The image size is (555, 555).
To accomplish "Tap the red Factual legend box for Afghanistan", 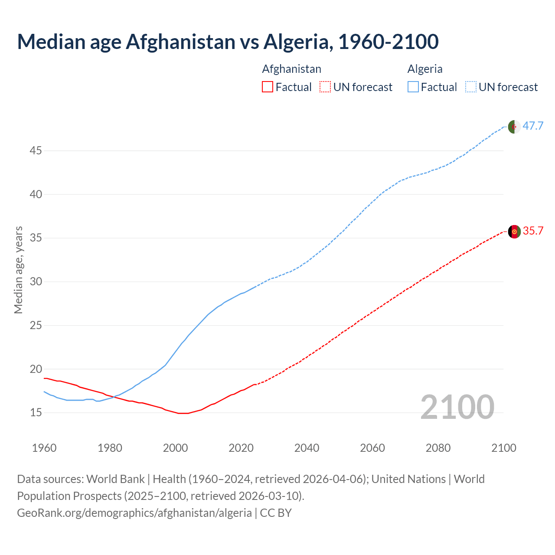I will coord(268,87).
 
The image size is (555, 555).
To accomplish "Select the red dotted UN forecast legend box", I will coord(325,87).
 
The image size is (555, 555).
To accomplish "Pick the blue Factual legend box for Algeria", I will coord(413,87).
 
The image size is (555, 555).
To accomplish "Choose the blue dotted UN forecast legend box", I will coord(471,87).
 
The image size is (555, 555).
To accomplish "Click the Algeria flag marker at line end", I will coord(514,127).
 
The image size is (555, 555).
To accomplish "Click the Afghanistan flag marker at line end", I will coord(514,232).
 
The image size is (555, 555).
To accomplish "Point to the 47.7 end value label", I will coord(533,126).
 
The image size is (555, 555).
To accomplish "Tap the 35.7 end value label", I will coord(533,231).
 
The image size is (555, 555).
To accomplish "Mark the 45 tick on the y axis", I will coord(36,151).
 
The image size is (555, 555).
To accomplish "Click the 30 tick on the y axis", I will coord(36,282).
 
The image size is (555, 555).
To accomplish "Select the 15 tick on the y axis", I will coord(36,413).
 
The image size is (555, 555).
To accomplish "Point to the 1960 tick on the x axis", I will coord(44,448).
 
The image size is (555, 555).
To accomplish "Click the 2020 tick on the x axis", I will coord(241,448).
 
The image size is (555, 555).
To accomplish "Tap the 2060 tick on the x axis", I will coord(372,448).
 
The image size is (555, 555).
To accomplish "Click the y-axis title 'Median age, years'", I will coord(18,270).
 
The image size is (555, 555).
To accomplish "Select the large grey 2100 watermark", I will coord(457,407).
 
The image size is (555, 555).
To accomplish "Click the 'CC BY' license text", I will coord(276,513).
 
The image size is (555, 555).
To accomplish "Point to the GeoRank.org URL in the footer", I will coord(134,513).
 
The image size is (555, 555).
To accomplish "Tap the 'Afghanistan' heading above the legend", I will coord(292,69).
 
